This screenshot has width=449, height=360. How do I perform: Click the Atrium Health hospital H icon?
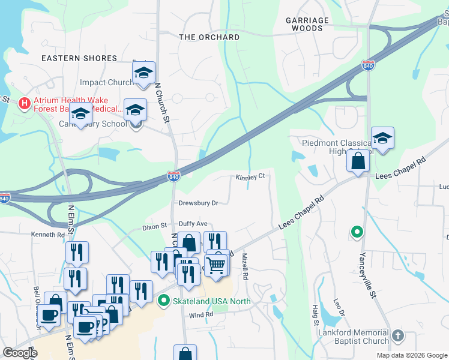[x=25, y=103]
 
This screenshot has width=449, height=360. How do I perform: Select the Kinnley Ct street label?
[x=250, y=177]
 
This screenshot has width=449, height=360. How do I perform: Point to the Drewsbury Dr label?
[x=198, y=203]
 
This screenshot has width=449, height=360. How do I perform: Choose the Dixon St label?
[x=154, y=227]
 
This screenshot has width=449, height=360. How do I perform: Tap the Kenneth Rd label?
[x=48, y=235]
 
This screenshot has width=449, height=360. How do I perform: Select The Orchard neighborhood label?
[x=209, y=37]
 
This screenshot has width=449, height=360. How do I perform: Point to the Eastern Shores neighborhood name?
[x=79, y=58]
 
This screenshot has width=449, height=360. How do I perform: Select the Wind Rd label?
[x=201, y=314]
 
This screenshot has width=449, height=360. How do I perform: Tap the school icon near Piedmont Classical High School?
[x=382, y=139]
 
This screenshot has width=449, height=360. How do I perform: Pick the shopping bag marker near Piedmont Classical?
[x=358, y=161]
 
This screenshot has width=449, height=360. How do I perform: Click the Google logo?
[x=20, y=353]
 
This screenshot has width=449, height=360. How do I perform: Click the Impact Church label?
[x=107, y=83]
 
